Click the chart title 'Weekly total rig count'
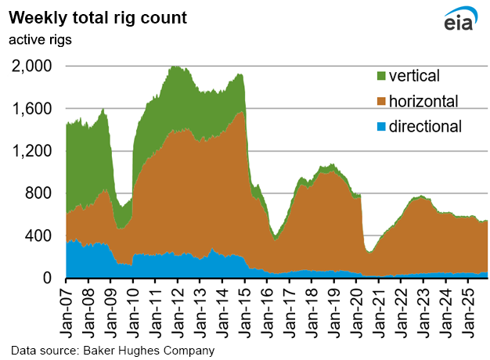click(98, 17)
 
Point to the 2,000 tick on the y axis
click(32, 67)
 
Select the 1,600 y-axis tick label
click(32, 109)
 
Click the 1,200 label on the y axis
click(32, 151)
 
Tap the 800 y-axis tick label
click(39, 193)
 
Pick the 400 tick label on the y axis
click(39, 236)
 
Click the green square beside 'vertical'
click(381, 76)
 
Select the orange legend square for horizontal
click(381, 100)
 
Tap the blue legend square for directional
click(381, 125)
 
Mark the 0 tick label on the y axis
click(48, 278)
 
